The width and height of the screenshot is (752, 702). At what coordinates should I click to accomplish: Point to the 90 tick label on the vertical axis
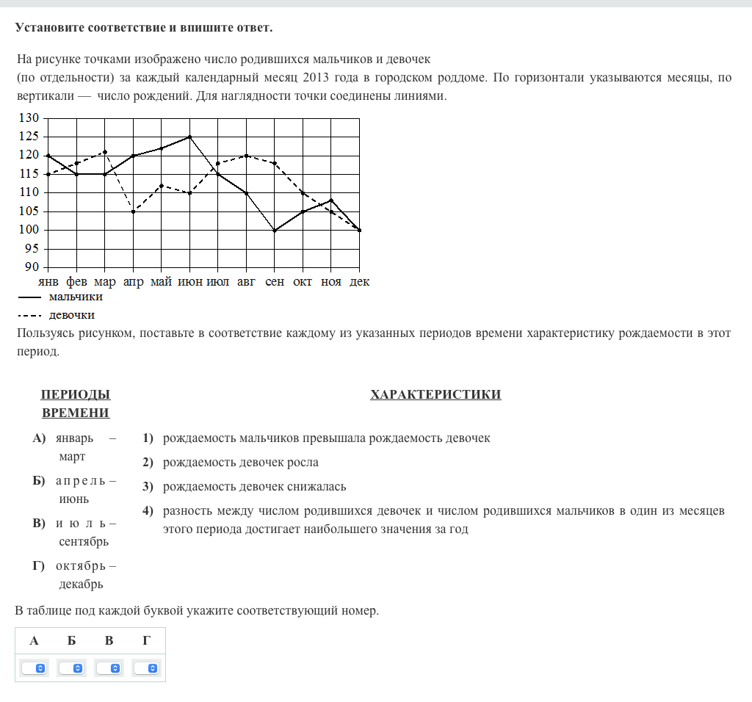(x=30, y=267)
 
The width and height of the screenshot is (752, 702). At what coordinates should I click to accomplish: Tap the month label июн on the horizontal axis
(x=190, y=282)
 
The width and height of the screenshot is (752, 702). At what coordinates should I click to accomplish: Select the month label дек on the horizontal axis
(x=360, y=282)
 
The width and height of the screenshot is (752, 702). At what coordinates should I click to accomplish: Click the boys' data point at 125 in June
(x=190, y=137)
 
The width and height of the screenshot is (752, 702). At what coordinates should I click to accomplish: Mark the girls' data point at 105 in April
(x=133, y=211)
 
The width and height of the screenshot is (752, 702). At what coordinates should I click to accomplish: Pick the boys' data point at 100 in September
(x=275, y=230)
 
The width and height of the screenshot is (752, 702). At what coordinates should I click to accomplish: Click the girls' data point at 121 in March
(x=105, y=152)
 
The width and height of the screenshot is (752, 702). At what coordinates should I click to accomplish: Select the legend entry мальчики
(x=76, y=297)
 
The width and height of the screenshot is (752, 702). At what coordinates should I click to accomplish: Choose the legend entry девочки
(x=72, y=315)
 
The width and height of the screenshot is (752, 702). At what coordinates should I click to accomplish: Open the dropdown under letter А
(x=35, y=668)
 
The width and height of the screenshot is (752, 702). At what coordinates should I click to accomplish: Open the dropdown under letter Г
(x=147, y=668)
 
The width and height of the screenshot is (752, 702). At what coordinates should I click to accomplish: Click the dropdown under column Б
(x=72, y=668)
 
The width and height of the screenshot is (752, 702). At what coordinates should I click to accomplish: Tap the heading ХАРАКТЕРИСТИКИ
(x=435, y=395)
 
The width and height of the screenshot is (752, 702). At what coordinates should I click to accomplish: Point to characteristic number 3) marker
(x=148, y=486)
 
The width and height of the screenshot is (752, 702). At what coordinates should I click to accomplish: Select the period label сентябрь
(x=84, y=542)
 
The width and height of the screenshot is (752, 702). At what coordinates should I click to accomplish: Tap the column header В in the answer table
(x=109, y=641)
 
